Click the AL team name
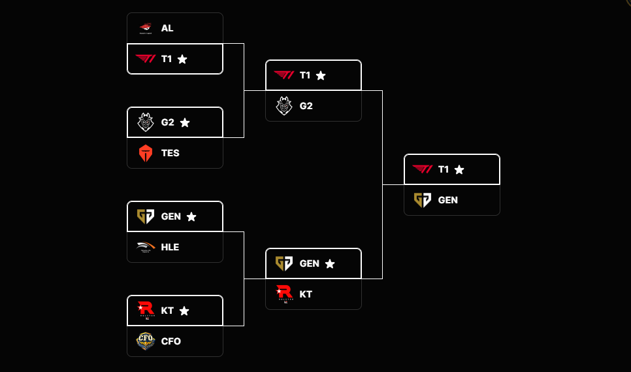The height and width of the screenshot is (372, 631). point(167,28)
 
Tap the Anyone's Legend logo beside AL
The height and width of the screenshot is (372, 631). point(145,28)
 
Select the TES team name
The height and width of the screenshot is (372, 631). point(170,153)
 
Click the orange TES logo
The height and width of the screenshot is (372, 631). point(145,154)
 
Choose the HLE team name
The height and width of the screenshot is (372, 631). point(170,247)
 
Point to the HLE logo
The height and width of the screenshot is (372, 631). point(145,247)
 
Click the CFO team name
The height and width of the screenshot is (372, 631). point(171,341)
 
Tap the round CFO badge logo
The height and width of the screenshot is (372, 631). point(145,341)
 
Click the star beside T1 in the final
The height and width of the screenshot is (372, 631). point(459,169)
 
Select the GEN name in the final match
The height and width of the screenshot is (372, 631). point(448,200)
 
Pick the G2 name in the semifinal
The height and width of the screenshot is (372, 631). point(306,106)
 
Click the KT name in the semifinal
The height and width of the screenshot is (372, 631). point(306,294)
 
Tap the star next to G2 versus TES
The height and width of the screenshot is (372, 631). point(185,122)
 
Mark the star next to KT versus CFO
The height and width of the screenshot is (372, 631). point(184,311)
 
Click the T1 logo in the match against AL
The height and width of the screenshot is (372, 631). point(145,59)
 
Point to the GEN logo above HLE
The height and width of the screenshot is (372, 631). point(145,216)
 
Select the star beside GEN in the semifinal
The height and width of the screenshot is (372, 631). point(330,263)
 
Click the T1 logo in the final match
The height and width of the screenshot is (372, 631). point(422,169)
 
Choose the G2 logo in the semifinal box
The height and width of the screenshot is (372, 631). point(283,106)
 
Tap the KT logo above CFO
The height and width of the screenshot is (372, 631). point(145,310)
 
